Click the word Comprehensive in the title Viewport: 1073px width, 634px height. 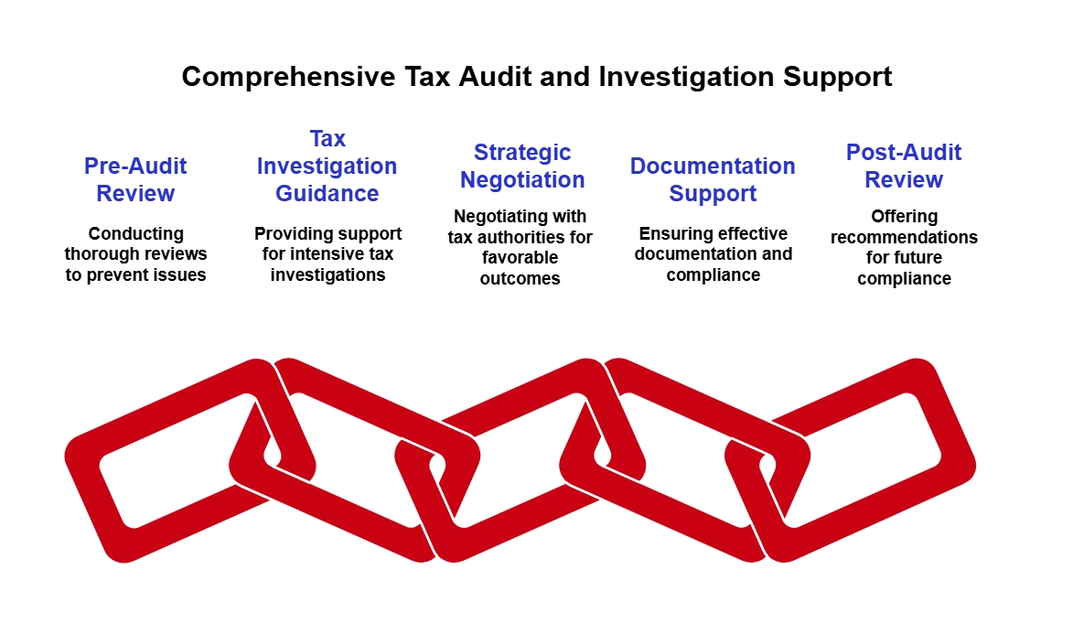(288, 77)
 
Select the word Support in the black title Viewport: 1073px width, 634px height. (838, 78)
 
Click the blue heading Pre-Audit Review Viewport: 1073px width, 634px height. (135, 179)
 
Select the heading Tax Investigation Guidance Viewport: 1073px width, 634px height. (327, 166)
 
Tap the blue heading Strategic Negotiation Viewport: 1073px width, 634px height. (522, 166)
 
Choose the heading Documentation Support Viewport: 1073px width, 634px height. (713, 179)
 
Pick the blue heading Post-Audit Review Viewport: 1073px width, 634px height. (903, 166)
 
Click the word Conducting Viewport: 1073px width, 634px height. (136, 233)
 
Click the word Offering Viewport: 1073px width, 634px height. (904, 216)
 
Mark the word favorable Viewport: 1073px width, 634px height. (520, 257)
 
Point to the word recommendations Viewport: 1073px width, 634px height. (904, 238)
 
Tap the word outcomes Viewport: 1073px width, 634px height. (520, 279)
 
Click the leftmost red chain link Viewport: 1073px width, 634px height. (190, 460)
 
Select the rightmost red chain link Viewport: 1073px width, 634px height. (851, 460)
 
